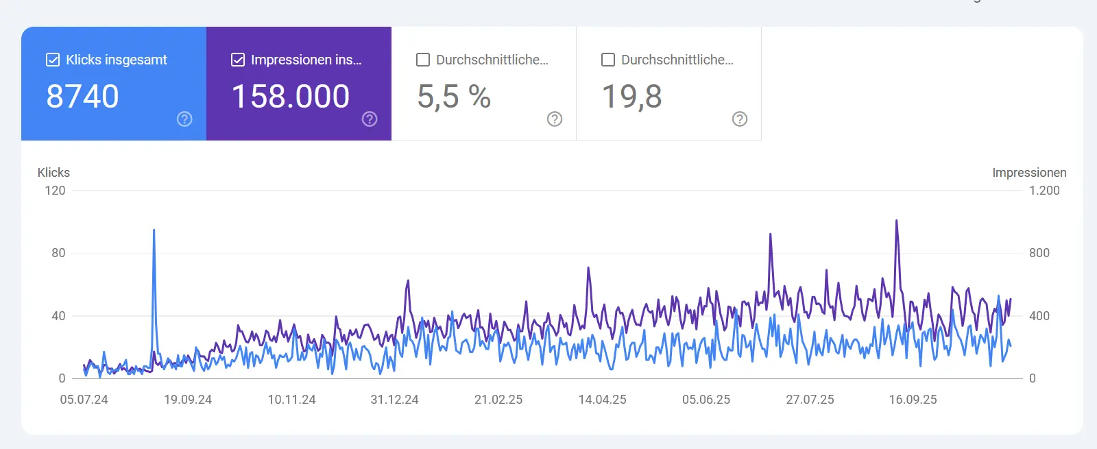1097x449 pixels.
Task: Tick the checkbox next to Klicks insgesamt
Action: pyautogui.click(x=53, y=60)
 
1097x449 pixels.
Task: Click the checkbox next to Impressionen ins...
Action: pyautogui.click(x=238, y=60)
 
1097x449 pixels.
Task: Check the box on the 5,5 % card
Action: pyautogui.click(x=423, y=60)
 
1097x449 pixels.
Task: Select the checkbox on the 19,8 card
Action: pyautogui.click(x=608, y=60)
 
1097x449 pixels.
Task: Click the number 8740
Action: pyautogui.click(x=82, y=97)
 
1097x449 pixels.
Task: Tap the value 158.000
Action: pyautogui.click(x=291, y=97)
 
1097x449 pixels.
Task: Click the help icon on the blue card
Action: pyautogui.click(x=184, y=119)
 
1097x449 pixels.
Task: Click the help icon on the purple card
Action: pyautogui.click(x=370, y=119)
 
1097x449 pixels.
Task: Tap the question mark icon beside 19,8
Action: pyautogui.click(x=740, y=119)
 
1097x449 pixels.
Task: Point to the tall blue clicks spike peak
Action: pyautogui.click(x=154, y=231)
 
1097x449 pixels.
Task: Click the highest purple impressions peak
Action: pyautogui.click(x=896, y=221)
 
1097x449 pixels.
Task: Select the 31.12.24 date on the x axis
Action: pyautogui.click(x=394, y=400)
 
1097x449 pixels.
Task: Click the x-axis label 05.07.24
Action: pyautogui.click(x=84, y=400)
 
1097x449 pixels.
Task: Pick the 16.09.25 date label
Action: pyautogui.click(x=913, y=400)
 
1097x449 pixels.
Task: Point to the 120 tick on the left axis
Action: pyautogui.click(x=55, y=191)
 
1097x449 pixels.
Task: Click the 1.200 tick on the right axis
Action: pyautogui.click(x=1044, y=191)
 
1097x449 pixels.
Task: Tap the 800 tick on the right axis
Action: pyautogui.click(x=1039, y=253)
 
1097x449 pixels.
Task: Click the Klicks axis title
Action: pyautogui.click(x=53, y=173)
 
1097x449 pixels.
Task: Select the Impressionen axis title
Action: pyautogui.click(x=1029, y=173)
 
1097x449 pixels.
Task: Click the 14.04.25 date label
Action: pyautogui.click(x=602, y=400)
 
